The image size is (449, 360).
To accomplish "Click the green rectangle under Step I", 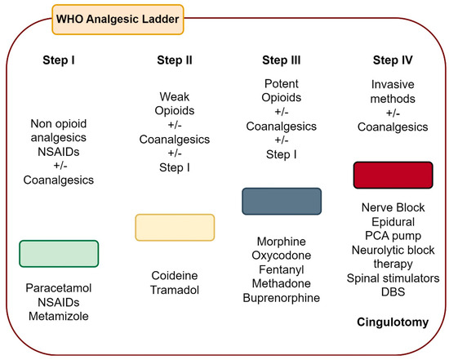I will tap(59, 253).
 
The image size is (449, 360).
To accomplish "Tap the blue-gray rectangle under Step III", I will tap(282, 201).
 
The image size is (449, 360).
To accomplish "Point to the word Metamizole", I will tap(59, 316).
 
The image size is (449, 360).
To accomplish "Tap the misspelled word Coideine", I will tap(174, 275).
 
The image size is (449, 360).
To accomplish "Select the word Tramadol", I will tap(174, 290).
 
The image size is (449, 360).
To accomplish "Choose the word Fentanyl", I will tap(282, 269).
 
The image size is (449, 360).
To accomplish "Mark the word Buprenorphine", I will tap(282, 299).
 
